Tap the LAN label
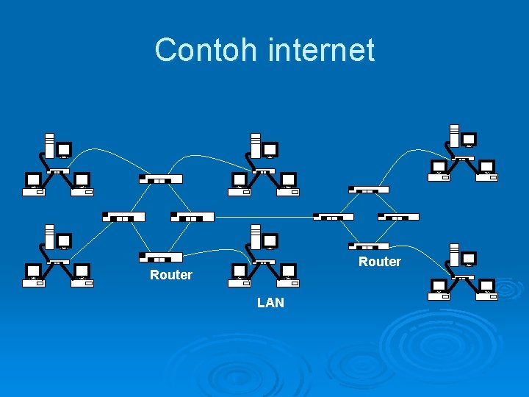(x=270, y=303)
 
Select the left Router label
(x=170, y=275)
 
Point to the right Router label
(x=380, y=262)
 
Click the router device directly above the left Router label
(x=161, y=257)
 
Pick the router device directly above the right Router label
(x=370, y=246)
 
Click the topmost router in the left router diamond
(x=161, y=179)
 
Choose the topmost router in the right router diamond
(x=369, y=189)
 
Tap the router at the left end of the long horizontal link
(x=192, y=217)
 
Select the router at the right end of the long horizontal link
(x=334, y=217)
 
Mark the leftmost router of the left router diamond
(x=123, y=217)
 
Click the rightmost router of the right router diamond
(x=398, y=217)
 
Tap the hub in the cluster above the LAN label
(x=264, y=261)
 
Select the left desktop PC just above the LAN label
(x=240, y=273)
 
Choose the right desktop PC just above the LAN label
(x=288, y=273)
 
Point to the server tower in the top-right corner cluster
(x=454, y=135)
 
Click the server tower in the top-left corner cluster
(x=48, y=145)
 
